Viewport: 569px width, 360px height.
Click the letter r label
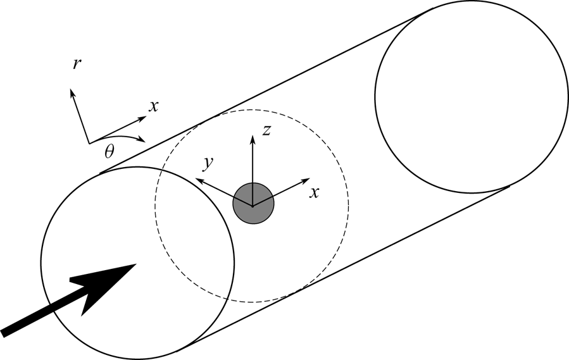point(77,64)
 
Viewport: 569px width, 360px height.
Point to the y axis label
point(206,164)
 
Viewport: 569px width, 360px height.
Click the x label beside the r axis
point(153,106)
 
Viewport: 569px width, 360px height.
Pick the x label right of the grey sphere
point(313,192)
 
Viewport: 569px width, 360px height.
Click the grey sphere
point(253,202)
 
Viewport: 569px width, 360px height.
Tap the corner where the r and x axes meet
point(88,142)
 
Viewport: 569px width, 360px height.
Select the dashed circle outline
point(347,202)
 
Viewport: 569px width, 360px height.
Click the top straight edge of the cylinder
point(266,89)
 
